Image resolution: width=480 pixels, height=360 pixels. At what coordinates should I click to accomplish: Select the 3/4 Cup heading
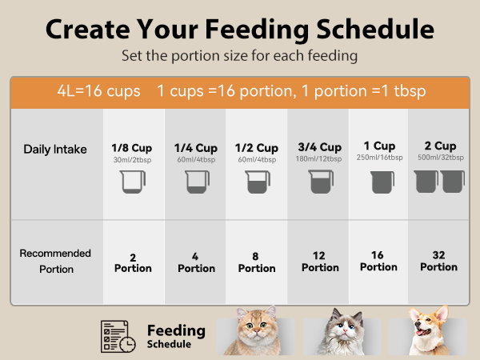pyautogui.click(x=319, y=147)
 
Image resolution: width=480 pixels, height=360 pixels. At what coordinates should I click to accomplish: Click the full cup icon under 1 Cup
pyautogui.click(x=382, y=183)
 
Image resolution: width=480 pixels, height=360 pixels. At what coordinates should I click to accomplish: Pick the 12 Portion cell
pyautogui.click(x=319, y=262)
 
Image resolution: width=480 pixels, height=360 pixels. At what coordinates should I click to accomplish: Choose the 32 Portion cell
pyautogui.click(x=438, y=262)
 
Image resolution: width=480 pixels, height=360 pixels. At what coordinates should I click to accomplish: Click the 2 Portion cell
pyautogui.click(x=133, y=262)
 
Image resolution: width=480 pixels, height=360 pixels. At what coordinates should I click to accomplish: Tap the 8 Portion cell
pyautogui.click(x=256, y=262)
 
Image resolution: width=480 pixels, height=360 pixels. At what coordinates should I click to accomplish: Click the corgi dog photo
pyautogui.click(x=425, y=331)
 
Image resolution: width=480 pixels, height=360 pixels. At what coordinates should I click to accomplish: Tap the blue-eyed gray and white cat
pyautogui.click(x=342, y=333)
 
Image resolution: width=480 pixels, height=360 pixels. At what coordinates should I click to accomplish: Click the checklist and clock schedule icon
pyautogui.click(x=117, y=336)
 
